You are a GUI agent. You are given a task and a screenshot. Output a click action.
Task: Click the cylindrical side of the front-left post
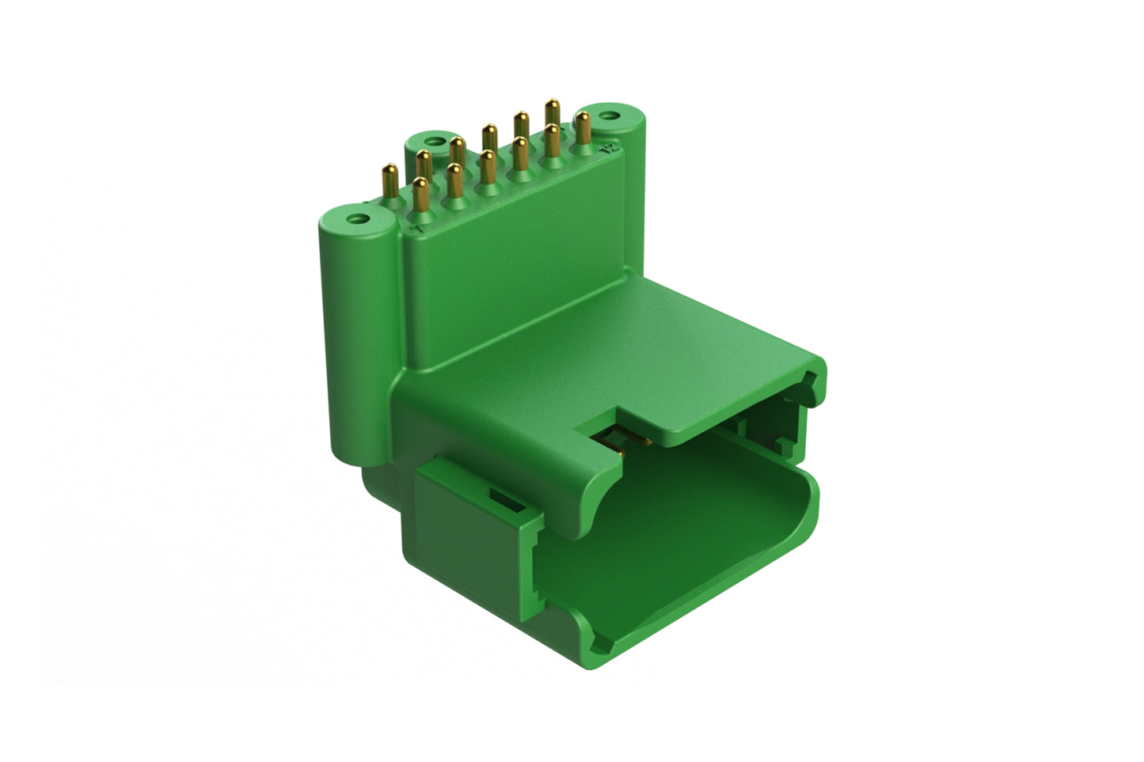tap(352, 332)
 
